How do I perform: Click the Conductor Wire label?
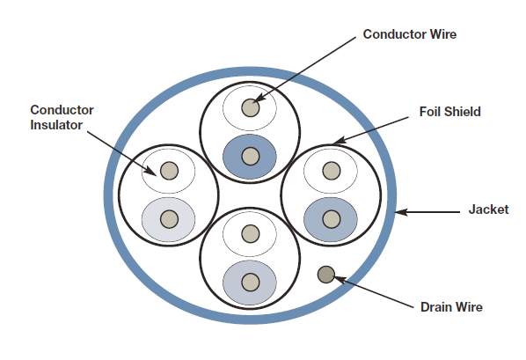(410, 34)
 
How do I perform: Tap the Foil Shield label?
(449, 112)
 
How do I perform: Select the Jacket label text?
(488, 209)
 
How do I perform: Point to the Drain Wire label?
(451, 307)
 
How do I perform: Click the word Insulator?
(56, 125)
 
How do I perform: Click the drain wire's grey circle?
(326, 275)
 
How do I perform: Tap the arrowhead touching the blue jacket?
(401, 212)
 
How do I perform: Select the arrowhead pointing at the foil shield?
(339, 141)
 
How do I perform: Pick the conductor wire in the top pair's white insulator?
(251, 107)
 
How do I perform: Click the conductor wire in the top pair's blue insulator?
(251, 156)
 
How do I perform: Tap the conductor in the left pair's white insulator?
(170, 171)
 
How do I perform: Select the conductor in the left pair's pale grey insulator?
(170, 219)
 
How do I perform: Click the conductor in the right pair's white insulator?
(332, 171)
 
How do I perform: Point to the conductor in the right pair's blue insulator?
(332, 219)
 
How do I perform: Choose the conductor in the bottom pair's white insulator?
(251, 234)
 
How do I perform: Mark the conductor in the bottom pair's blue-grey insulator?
(251, 282)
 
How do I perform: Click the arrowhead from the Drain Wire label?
(340, 279)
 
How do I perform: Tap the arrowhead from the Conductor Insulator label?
(150, 171)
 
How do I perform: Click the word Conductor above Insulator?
(62, 110)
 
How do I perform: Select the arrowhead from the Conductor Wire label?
(259, 98)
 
